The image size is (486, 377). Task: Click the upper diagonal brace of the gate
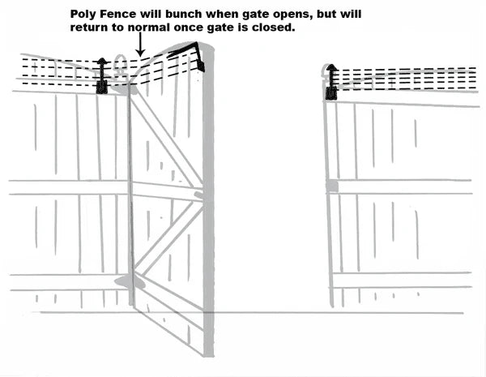coord(166,138)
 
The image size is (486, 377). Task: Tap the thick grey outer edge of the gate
coord(209,203)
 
